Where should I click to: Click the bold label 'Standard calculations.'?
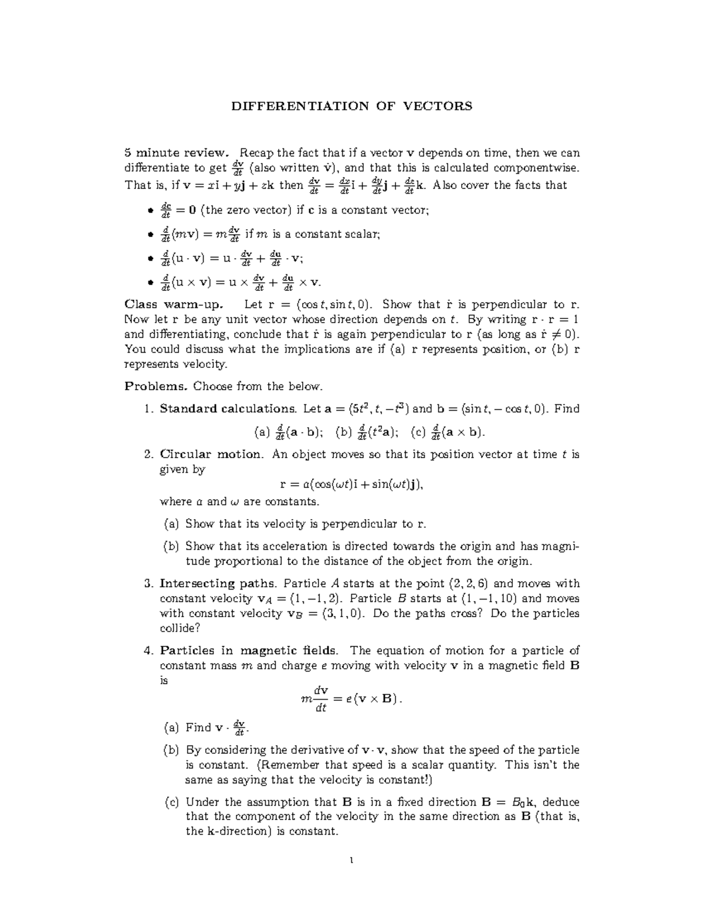point(228,409)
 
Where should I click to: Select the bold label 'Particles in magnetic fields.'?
point(249,651)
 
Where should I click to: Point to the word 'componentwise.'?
point(536,168)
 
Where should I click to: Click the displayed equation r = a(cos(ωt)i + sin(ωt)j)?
point(351,485)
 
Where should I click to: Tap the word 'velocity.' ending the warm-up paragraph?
point(204,364)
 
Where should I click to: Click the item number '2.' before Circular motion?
point(148,454)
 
